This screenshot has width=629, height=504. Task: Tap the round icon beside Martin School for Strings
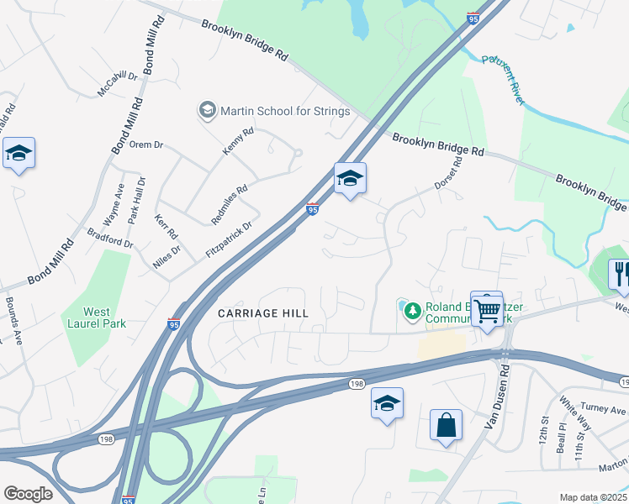pyautogui.click(x=207, y=110)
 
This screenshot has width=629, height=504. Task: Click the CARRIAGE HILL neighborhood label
pyautogui.click(x=263, y=312)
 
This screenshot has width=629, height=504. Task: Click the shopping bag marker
pyautogui.click(x=446, y=426)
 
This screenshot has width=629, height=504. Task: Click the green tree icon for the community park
pyautogui.click(x=412, y=312)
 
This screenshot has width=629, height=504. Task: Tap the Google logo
pyautogui.click(x=29, y=494)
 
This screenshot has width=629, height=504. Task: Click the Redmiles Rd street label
pyautogui.click(x=230, y=202)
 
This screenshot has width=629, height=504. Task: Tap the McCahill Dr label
pyautogui.click(x=117, y=83)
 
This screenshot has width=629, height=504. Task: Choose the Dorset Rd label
pyautogui.click(x=448, y=173)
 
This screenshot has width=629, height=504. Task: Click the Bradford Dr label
pyautogui.click(x=111, y=239)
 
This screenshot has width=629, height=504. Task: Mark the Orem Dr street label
pyautogui.click(x=145, y=144)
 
